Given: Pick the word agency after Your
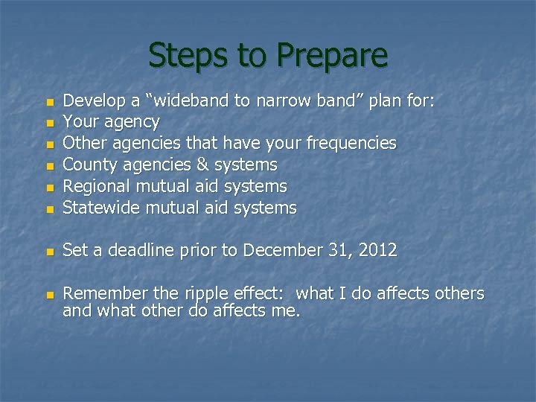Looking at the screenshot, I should pyautogui.click(x=131, y=121).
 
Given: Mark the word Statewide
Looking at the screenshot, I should pyautogui.click(x=102, y=208).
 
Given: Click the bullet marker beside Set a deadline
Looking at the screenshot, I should pyautogui.click(x=50, y=252).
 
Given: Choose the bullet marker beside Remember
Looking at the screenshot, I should pyautogui.click(x=50, y=296).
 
